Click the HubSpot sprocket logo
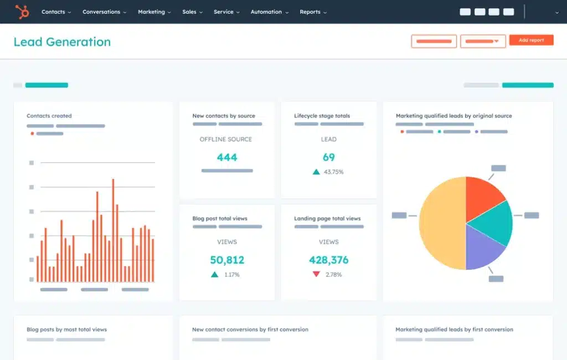pyautogui.click(x=22, y=12)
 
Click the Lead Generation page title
pyautogui.click(x=62, y=42)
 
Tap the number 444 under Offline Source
pyautogui.click(x=227, y=157)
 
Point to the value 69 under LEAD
pyautogui.click(x=328, y=157)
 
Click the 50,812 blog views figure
pyautogui.click(x=227, y=260)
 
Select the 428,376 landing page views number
pyautogui.click(x=328, y=260)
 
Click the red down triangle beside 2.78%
pyautogui.click(x=316, y=274)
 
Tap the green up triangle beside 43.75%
pyautogui.click(x=316, y=172)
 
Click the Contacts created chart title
pyautogui.click(x=49, y=116)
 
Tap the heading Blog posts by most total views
pyautogui.click(x=66, y=330)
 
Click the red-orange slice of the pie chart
pyautogui.click(x=482, y=194)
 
